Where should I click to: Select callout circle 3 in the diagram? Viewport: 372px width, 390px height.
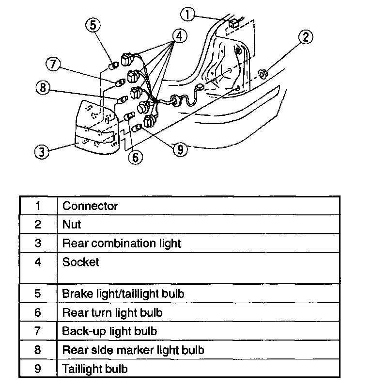point(43,151)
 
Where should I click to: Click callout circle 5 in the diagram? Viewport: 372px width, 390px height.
point(94,25)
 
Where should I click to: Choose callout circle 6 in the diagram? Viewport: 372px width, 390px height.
point(136,156)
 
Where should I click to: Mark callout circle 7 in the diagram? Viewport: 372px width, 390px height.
point(53,64)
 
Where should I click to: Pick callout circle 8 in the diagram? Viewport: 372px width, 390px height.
point(43,88)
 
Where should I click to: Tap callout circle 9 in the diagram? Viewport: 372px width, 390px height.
point(180,149)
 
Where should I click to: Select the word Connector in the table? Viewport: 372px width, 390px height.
point(90,206)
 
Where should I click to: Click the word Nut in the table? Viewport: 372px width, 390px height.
point(72,224)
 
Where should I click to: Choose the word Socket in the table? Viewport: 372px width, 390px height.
point(80,262)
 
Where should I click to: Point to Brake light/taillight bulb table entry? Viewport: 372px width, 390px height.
point(123,293)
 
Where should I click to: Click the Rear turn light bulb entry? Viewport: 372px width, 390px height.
point(112,312)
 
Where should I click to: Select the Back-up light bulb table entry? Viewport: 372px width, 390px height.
point(109,331)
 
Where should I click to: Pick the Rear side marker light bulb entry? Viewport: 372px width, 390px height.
point(133,350)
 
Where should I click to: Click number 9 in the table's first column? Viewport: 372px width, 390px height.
point(38,369)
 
